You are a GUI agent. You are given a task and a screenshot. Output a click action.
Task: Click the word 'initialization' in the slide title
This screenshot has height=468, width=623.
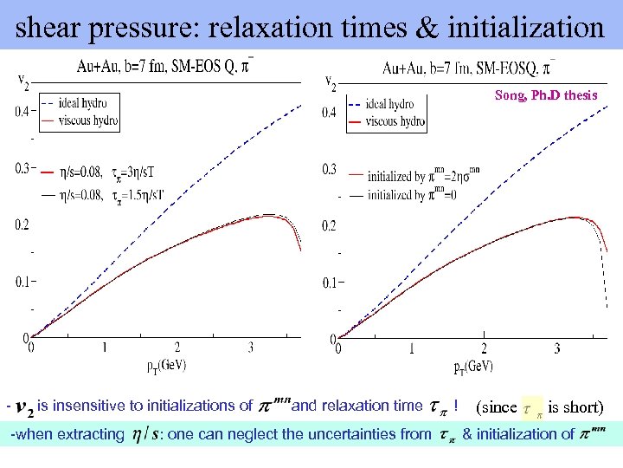524,28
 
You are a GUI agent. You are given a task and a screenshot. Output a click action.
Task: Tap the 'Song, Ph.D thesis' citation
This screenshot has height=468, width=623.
546,95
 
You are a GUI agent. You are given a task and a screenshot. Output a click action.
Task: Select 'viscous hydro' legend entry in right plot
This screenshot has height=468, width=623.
395,122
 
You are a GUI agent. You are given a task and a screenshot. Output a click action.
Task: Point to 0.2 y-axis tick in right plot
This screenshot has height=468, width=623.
329,226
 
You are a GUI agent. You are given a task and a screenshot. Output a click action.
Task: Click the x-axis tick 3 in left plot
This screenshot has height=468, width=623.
252,348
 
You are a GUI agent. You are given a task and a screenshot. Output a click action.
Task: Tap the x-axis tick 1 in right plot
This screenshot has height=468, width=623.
412,348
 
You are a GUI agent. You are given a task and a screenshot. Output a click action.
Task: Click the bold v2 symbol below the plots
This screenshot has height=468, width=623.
25,407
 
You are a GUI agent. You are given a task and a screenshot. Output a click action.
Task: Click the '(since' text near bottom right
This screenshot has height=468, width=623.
497,406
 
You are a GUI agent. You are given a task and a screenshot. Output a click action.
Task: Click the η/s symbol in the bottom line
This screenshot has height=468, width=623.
144,434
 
